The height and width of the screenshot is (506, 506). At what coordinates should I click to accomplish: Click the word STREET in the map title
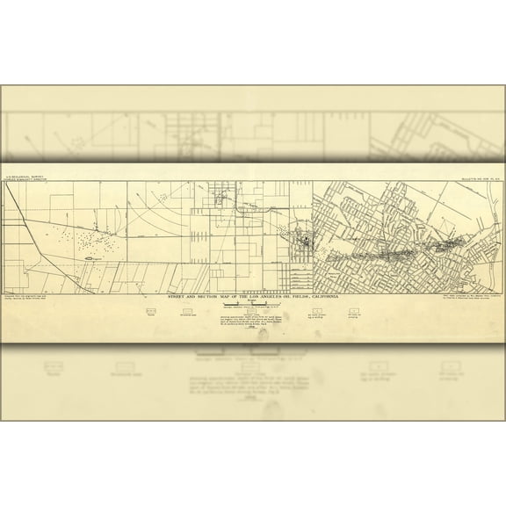click(x=177, y=300)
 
